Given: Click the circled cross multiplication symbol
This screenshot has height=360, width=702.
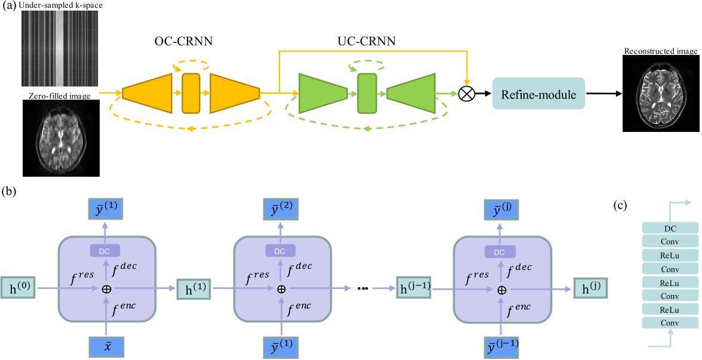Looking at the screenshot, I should coord(467,94).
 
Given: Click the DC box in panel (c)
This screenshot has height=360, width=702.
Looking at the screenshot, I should coord(670,229).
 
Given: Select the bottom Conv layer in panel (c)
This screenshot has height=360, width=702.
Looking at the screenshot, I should coord(670,323).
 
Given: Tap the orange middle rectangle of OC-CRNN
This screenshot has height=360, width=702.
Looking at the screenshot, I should coord(190,93).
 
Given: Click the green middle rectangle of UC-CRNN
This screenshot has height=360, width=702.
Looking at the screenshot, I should coord(367,93).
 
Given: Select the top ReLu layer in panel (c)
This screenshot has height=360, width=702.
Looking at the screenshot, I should coord(670,256).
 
